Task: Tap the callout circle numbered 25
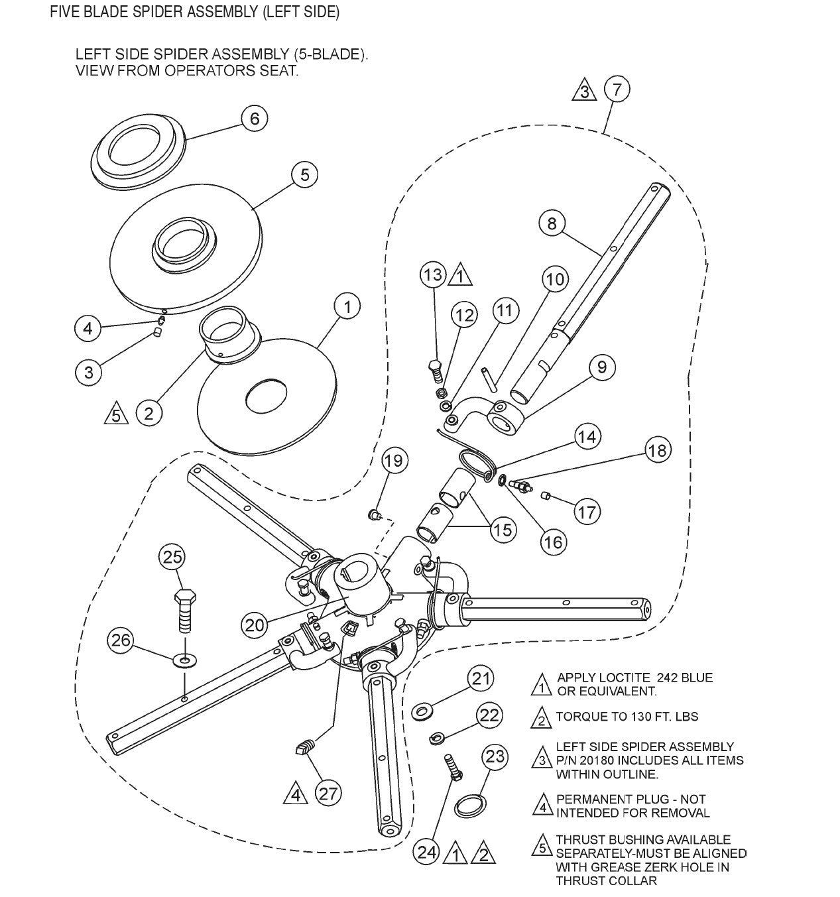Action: coord(172,557)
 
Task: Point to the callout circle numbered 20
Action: coord(255,624)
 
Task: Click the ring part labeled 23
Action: coord(471,804)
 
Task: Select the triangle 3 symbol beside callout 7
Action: coord(584,90)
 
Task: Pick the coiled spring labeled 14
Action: coord(475,462)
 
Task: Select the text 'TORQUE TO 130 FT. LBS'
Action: coord(627,717)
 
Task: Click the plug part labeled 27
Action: coord(304,749)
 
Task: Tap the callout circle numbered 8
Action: coord(552,223)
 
